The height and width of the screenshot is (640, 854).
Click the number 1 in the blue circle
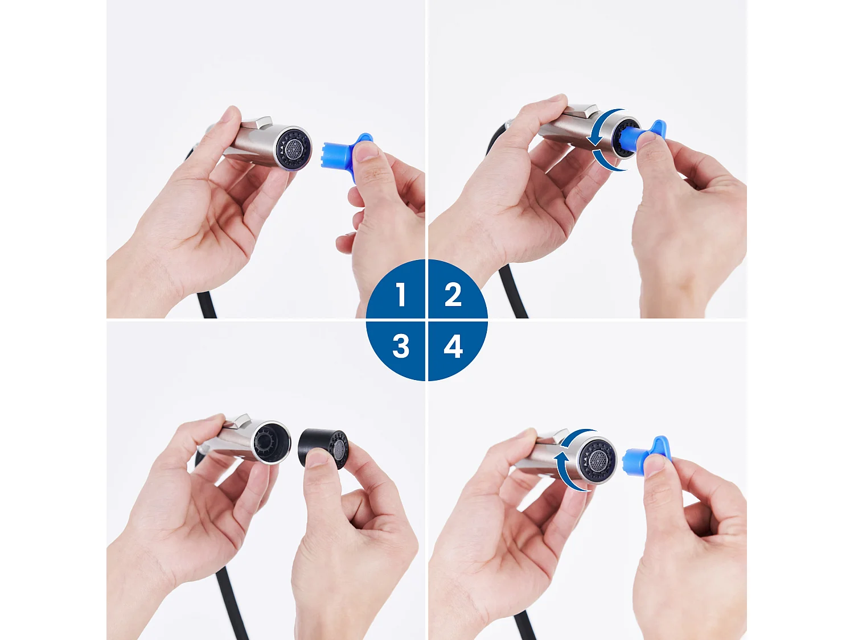tap(401, 295)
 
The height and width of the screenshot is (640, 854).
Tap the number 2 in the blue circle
tap(453, 295)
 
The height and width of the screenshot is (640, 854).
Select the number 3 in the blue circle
tap(401, 346)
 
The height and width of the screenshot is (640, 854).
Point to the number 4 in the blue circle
tap(453, 346)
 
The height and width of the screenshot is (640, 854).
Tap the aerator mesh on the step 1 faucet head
tap(293, 149)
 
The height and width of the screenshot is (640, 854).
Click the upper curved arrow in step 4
tap(575, 438)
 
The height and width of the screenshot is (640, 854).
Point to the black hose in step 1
tap(207, 304)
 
